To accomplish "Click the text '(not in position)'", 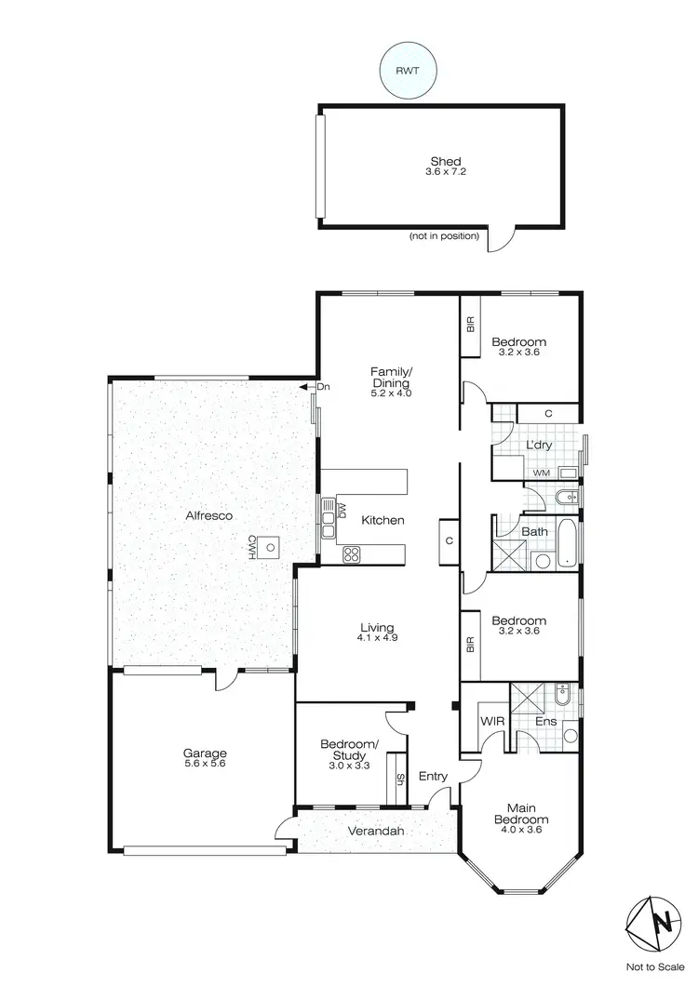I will tap(444, 236).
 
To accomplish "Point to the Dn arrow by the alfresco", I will tap(304, 387).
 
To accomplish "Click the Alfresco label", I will tap(208, 514).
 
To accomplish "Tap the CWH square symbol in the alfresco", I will tap(270, 547).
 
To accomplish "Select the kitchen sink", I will tap(328, 510).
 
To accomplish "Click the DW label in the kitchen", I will tap(342, 511).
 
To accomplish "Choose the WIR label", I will tap(492, 721).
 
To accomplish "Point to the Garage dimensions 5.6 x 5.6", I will tap(205, 763).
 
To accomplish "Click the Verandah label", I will tap(376, 831).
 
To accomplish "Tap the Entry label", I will tap(433, 777).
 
